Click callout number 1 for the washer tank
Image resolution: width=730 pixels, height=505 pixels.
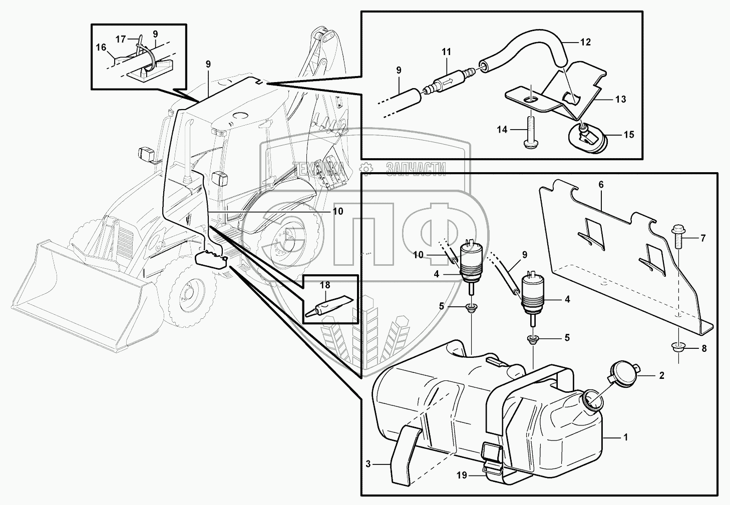[625, 437]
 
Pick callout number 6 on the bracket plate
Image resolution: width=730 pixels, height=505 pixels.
[601, 185]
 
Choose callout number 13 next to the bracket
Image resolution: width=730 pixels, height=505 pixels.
[620, 100]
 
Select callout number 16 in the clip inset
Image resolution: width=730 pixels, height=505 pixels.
[101, 48]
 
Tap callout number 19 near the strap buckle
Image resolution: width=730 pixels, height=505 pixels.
[461, 475]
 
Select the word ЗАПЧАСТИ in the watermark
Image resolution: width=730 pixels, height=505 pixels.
[416, 170]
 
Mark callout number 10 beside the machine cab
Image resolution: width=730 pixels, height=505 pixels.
[337, 211]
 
